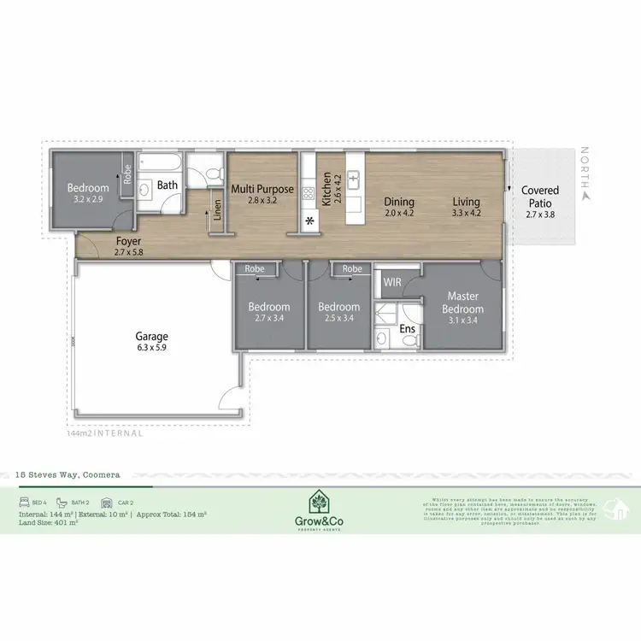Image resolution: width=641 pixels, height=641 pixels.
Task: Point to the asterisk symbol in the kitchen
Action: click(x=308, y=223)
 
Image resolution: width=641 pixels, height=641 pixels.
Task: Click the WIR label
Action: click(x=393, y=281)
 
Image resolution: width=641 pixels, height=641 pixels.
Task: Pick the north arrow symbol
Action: click(x=585, y=195)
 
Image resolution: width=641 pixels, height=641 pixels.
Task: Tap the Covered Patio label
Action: click(x=540, y=196)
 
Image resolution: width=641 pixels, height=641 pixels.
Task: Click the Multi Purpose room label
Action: click(x=263, y=190)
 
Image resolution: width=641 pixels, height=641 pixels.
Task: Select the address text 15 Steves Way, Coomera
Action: click(x=74, y=473)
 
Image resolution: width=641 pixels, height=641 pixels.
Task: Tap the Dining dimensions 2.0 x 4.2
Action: click(x=398, y=213)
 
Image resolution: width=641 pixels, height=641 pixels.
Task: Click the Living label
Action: click(x=466, y=203)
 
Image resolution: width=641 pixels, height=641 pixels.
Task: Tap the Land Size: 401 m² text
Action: click(x=48, y=522)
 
